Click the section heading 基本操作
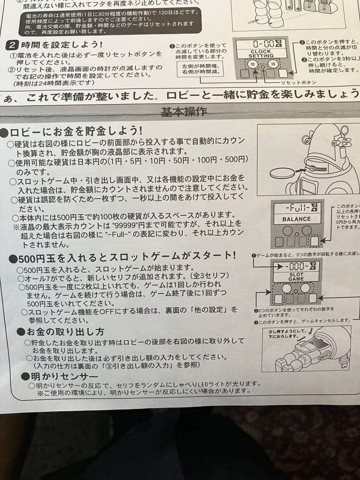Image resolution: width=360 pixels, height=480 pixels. click(184, 112)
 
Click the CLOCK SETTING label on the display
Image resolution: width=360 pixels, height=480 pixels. click(261, 54)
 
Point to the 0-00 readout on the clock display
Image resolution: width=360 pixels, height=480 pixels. click(264, 44)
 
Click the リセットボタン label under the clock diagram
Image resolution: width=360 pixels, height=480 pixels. click(298, 83)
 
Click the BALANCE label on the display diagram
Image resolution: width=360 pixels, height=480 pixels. click(296, 219)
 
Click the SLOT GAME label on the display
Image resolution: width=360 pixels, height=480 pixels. click(296, 277)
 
